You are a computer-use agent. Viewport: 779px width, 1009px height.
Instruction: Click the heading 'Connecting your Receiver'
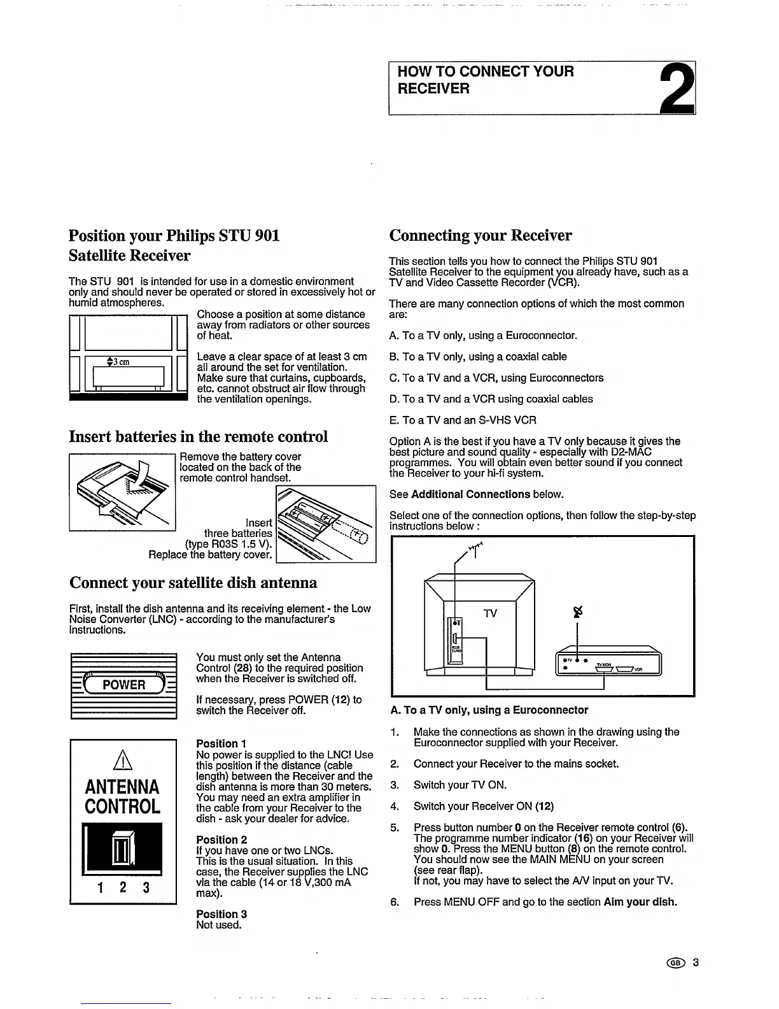[480, 236]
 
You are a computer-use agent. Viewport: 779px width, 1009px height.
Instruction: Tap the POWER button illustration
[124, 685]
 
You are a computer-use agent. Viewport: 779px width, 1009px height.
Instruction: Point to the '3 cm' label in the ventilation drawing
[119, 362]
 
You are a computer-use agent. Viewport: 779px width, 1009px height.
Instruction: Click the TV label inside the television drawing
[489, 613]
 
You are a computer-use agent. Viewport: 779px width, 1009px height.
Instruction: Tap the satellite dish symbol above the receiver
[578, 612]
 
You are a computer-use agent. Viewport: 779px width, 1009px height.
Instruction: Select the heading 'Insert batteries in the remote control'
[198, 437]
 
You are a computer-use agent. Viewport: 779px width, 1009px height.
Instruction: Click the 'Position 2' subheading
[221, 840]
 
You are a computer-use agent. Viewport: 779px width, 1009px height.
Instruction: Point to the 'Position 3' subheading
[221, 914]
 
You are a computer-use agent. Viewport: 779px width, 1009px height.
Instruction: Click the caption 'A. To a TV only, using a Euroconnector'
[488, 710]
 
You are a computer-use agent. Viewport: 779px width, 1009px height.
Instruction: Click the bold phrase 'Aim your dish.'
[640, 902]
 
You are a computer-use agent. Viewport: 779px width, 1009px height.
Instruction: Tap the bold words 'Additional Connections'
[470, 494]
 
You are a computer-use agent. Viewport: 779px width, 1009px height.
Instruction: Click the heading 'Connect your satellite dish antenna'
[193, 583]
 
